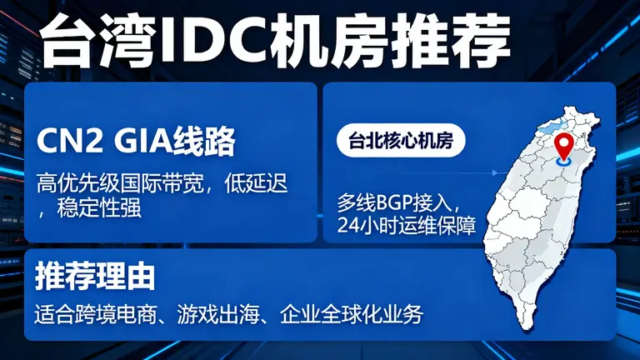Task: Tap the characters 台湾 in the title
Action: (x=97, y=42)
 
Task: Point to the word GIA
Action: (x=142, y=142)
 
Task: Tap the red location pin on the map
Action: (x=567, y=145)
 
